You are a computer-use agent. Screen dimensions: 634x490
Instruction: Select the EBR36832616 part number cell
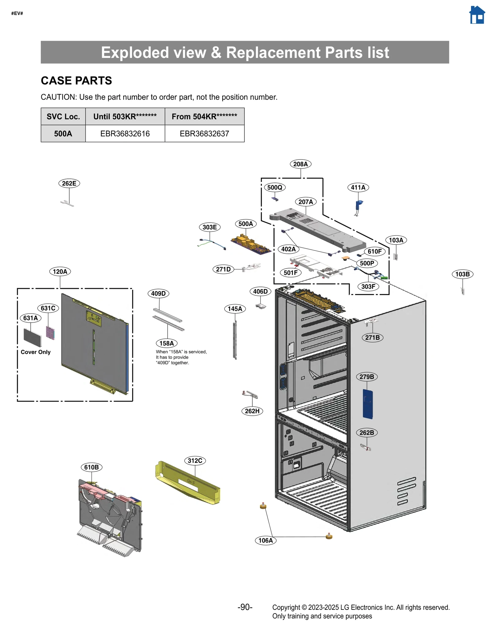[125, 133]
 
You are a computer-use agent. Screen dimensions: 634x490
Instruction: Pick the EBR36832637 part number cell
[204, 133]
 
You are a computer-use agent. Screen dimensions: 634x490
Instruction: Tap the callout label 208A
[300, 164]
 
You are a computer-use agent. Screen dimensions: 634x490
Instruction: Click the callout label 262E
[69, 183]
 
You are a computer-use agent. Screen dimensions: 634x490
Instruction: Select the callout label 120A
[60, 272]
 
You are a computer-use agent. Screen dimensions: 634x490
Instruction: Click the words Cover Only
[36, 352]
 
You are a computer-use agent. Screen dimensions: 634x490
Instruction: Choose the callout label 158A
[167, 343]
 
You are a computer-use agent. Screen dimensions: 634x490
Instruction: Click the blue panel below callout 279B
[367, 404]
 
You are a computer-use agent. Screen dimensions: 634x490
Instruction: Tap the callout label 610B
[92, 467]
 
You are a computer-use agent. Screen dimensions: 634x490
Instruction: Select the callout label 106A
[265, 540]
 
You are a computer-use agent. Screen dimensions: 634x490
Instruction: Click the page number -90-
[245, 607]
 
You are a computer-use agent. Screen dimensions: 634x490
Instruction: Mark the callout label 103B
[462, 274]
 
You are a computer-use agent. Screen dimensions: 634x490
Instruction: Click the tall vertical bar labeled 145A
[235, 340]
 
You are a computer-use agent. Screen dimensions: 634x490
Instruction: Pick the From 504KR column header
[204, 116]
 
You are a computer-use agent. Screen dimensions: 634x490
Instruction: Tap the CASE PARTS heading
[76, 81]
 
